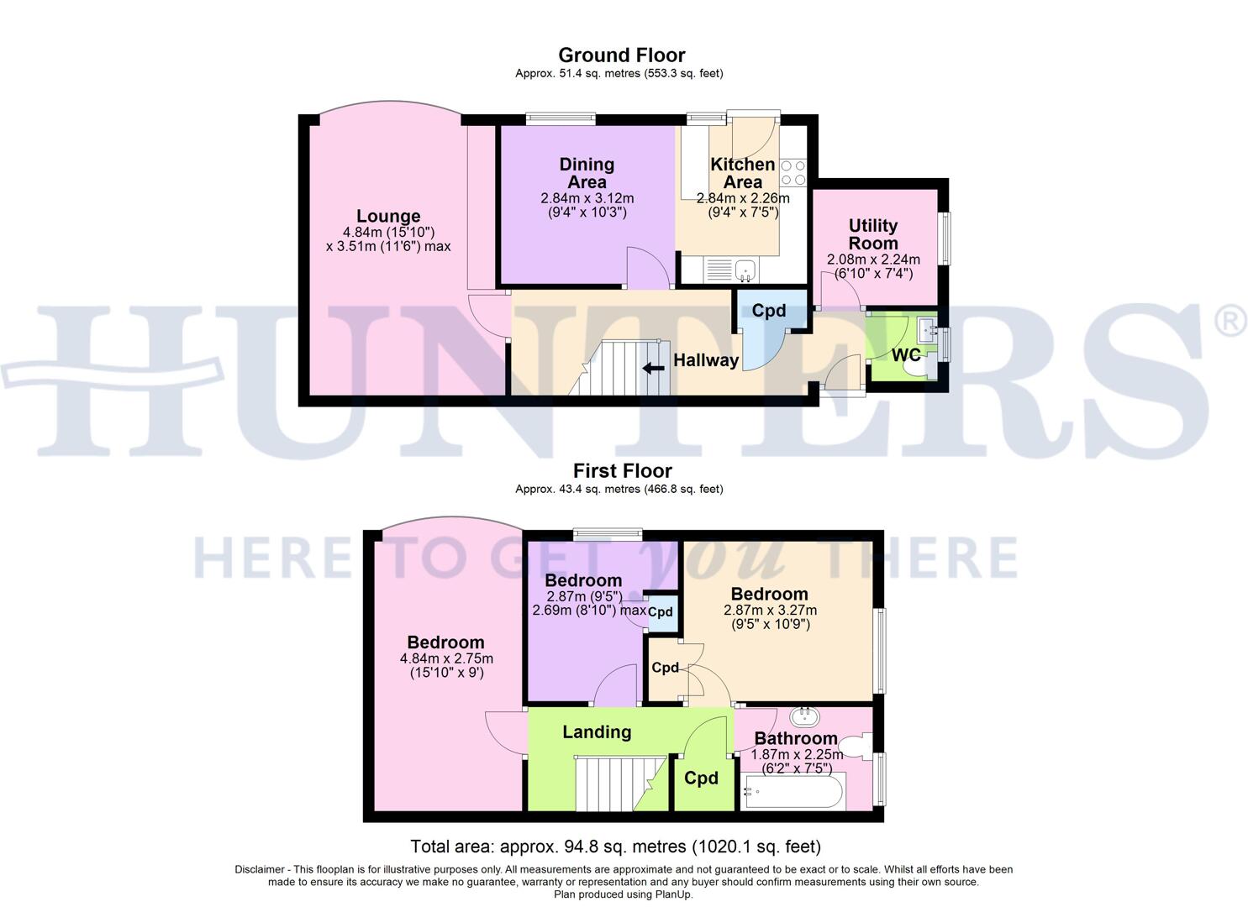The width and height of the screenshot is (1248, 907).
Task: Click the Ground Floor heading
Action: (x=621, y=55)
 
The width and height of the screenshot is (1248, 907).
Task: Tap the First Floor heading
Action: (x=622, y=471)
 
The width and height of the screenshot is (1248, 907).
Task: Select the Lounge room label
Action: (x=388, y=217)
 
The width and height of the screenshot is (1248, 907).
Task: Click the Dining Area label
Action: (x=587, y=173)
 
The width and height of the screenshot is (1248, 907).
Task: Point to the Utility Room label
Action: (x=873, y=234)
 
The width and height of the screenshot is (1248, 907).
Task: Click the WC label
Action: (x=905, y=355)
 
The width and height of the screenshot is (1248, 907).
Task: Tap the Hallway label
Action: (x=706, y=360)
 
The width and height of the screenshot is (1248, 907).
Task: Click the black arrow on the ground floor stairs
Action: (x=651, y=368)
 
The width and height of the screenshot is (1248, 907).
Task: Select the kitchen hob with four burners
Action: (x=793, y=173)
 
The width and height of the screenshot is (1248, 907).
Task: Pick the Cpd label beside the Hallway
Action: (x=768, y=311)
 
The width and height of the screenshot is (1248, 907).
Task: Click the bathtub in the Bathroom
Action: (x=793, y=791)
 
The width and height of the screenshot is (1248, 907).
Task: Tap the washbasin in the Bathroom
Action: (x=806, y=716)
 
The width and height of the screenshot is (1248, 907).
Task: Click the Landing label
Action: (x=597, y=732)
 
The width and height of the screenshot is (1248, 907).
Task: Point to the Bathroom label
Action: (x=795, y=739)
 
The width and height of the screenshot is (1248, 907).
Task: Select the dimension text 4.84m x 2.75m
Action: (x=446, y=658)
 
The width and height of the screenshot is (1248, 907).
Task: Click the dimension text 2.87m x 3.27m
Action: (x=770, y=611)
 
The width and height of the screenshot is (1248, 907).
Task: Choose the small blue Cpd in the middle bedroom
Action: (x=661, y=612)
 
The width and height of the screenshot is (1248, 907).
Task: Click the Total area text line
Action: (x=615, y=847)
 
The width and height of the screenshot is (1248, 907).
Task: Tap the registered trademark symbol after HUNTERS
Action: (x=1231, y=322)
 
